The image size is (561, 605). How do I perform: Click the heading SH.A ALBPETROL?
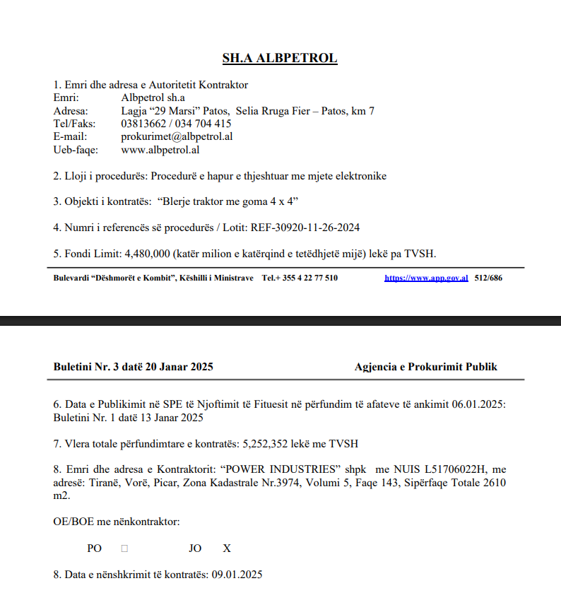280,58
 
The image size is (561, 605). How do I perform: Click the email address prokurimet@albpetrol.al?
177,136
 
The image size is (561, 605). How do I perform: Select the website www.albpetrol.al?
160,149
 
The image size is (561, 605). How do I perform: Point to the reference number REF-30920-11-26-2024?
310,227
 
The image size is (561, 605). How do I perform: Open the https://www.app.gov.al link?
426,278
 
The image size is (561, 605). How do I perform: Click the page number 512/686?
488,278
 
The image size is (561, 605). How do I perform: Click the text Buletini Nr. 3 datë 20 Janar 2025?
133,367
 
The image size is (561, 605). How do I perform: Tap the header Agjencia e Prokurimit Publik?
426,367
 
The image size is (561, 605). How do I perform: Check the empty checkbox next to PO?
124,548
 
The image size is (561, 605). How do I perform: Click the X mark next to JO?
227,548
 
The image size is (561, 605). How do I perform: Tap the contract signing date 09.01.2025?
237,574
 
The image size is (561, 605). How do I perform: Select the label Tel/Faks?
74,124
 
